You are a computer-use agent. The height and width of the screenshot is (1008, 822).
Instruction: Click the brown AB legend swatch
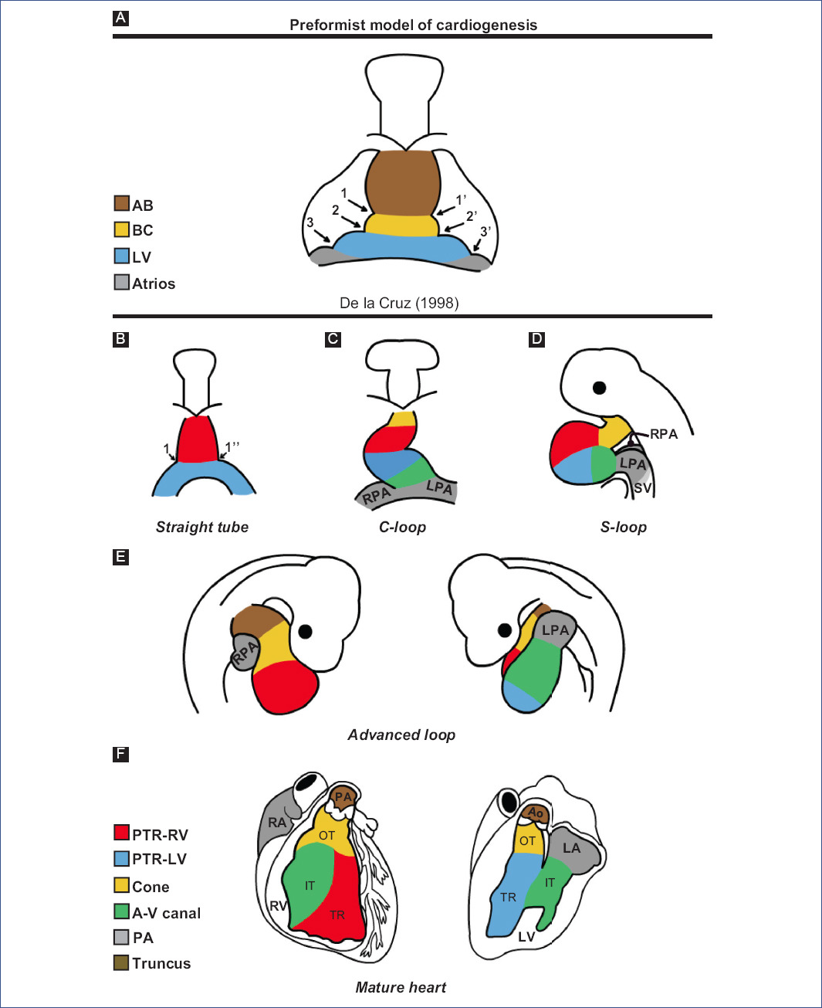click(x=121, y=204)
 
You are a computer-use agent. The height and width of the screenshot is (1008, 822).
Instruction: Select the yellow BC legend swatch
click(x=121, y=229)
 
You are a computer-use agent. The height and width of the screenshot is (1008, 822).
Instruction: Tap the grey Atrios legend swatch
click(x=121, y=283)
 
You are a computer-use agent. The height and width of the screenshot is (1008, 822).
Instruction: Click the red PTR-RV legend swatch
click(x=121, y=833)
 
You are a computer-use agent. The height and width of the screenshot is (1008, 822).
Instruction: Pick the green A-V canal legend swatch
click(x=121, y=911)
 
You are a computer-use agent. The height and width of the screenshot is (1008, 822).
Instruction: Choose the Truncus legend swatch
click(x=121, y=962)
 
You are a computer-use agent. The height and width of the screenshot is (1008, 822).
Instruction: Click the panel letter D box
click(x=536, y=339)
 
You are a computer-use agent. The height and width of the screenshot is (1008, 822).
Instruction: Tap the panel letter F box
click(x=120, y=754)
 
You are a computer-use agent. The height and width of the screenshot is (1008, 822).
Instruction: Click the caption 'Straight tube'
click(x=202, y=527)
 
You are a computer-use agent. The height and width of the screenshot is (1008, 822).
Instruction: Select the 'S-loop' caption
click(x=624, y=527)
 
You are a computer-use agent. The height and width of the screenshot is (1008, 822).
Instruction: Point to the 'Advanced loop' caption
click(x=401, y=735)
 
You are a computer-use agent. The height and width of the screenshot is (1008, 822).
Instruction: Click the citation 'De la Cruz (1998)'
click(x=399, y=303)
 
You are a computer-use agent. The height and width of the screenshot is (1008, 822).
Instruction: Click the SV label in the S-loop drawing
click(x=642, y=488)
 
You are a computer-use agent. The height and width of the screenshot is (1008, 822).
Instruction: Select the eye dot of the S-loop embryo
click(x=599, y=387)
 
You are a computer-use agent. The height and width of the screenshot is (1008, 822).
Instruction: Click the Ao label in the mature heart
click(x=536, y=813)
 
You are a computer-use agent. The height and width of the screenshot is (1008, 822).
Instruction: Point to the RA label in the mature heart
click(x=277, y=823)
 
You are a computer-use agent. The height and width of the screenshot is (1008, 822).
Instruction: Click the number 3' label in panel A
click(x=485, y=232)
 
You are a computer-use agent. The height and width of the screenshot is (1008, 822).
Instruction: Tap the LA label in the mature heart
click(x=571, y=848)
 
